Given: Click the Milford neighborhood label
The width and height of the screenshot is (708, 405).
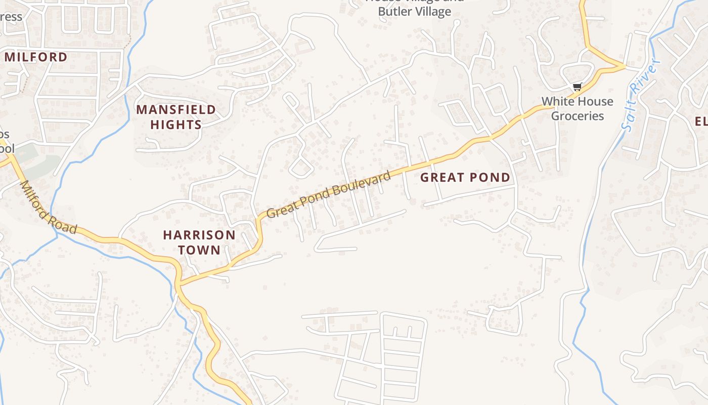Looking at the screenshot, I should pos(36,57).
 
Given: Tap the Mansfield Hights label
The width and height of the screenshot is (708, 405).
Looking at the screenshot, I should pos(176,117).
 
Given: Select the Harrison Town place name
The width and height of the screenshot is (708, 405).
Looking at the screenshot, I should pos(199,242).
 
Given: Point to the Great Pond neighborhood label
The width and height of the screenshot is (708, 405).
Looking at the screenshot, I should pos(465,177).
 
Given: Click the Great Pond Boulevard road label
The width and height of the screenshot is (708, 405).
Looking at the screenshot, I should pos(329,194).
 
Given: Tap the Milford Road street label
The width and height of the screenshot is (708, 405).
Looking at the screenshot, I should pos(49,208).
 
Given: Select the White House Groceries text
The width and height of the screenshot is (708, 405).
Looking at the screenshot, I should pos(578,108).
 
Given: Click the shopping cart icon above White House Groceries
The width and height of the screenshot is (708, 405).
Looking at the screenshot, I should pos(577,87).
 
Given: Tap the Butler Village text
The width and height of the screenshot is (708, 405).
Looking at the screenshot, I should pos(414,12).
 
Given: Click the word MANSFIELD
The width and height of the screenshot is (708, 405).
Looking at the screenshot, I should pos(176,109).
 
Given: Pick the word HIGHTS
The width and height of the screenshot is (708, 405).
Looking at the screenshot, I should pos(176,125).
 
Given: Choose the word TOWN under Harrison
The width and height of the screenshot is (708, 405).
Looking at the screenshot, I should pos(199,250).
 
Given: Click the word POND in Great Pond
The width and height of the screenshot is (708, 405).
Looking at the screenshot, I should pos(490,177).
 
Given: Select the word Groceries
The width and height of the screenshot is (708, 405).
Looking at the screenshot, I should pos(578,116).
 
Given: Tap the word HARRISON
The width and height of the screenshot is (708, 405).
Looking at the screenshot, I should pos(199,235).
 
